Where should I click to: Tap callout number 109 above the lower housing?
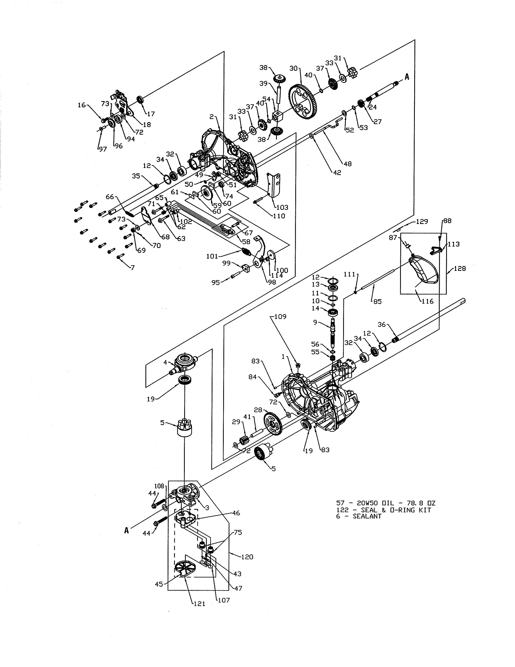pyautogui.click(x=280, y=317)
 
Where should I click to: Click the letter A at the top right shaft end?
pyautogui.click(x=407, y=77)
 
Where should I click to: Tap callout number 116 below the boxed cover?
pyautogui.click(x=427, y=301)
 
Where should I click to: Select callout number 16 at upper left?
pyautogui.click(x=81, y=105)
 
